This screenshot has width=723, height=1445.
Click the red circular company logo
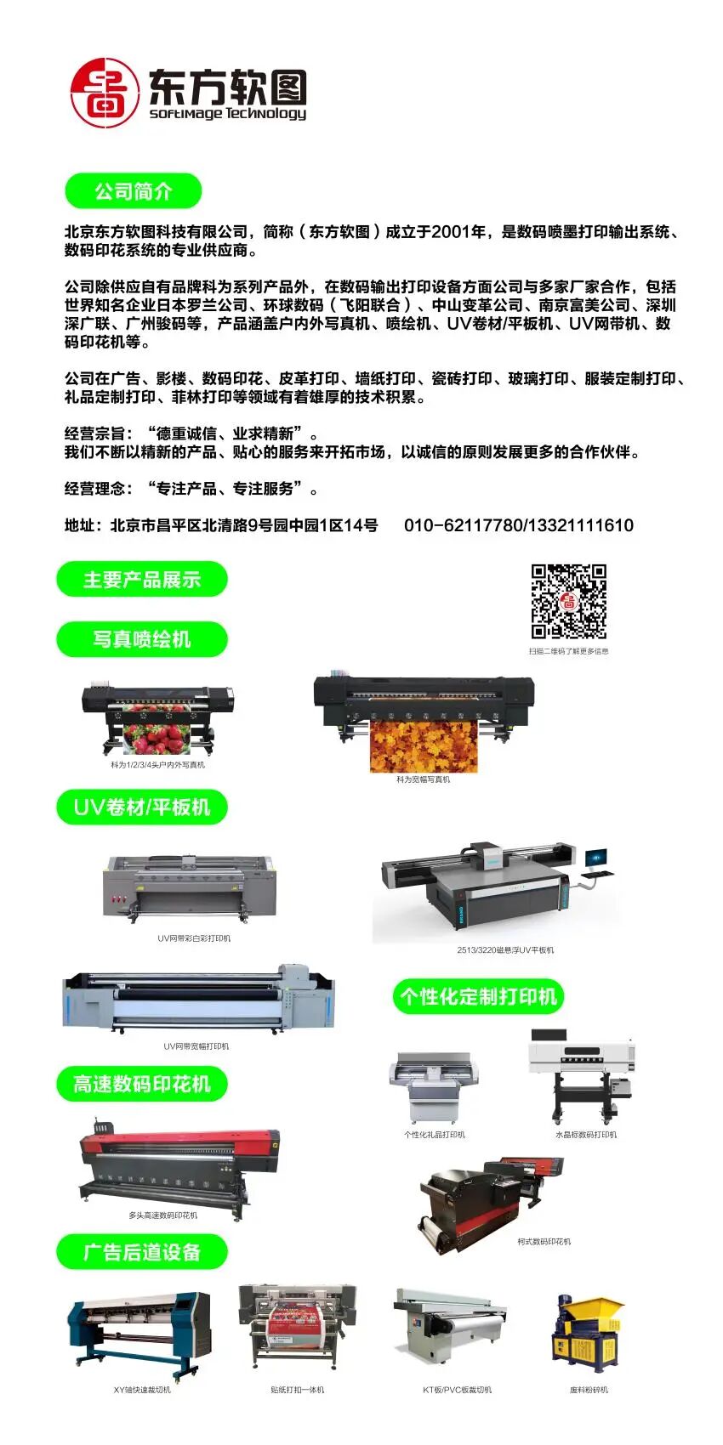tap(104, 93)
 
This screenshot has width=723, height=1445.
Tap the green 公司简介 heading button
tap(134, 191)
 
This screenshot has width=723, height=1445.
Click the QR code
tap(569, 601)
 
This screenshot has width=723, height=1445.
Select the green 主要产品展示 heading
tap(142, 580)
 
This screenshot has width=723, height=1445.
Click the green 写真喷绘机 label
tap(142, 639)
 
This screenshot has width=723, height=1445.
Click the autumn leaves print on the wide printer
tap(424, 745)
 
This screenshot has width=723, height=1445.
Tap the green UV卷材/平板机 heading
tap(142, 807)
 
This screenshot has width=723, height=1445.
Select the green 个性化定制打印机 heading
tap(479, 996)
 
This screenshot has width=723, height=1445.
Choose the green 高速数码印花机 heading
tap(142, 1084)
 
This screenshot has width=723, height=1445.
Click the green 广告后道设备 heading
tap(142, 1252)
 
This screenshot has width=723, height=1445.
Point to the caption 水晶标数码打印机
tap(586, 1135)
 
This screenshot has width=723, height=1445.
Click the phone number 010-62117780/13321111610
tap(518, 525)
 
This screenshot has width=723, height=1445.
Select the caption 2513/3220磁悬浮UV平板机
tap(505, 949)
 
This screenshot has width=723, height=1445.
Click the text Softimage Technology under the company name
tap(228, 114)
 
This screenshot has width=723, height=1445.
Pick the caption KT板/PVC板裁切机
tap(457, 1390)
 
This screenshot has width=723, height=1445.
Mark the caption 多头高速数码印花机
tap(163, 1215)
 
